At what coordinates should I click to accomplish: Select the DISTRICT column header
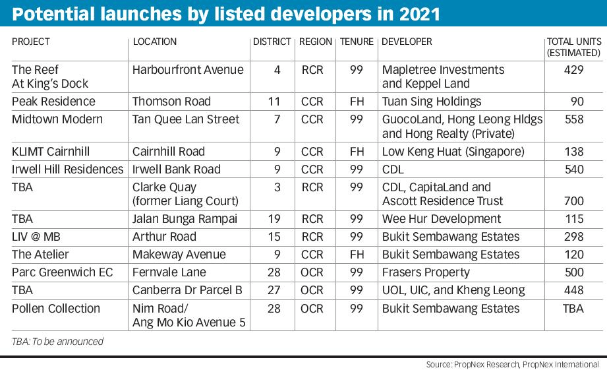[x=272, y=42]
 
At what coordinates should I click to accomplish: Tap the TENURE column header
[x=357, y=42]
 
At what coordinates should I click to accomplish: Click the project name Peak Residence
[x=53, y=102]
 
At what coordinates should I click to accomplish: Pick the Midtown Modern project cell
[x=57, y=119]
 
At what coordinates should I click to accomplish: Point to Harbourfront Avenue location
[x=188, y=70]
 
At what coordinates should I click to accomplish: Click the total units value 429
[x=573, y=70]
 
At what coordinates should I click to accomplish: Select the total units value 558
[x=573, y=119]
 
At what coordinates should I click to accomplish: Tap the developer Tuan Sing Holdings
[x=432, y=102]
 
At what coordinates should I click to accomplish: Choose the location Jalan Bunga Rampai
[x=185, y=219]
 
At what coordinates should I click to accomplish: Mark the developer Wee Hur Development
[x=442, y=219]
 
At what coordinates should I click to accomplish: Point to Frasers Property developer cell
[x=426, y=272]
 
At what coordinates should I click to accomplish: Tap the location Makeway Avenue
[x=179, y=255]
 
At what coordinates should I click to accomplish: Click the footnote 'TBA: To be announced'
[x=57, y=342]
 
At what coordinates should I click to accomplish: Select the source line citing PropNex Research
[x=512, y=364]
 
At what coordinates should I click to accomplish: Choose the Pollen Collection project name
[x=56, y=309]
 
